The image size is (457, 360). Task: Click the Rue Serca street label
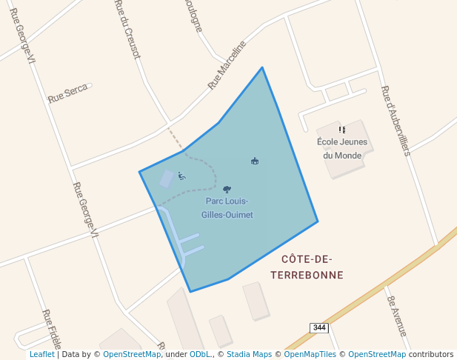pos(67,93)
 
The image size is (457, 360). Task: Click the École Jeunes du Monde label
pos(341,149)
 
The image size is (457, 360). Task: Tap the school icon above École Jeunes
pos(341,130)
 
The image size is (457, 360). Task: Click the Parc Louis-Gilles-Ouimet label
pos(227,208)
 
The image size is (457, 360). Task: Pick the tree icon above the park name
pos(227,190)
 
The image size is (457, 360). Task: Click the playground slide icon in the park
pos(181,176)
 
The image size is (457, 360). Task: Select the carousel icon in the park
pos(255,161)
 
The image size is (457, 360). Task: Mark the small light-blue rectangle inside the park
pos(167,179)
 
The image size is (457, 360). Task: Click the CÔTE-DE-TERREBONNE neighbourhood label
pos(307,267)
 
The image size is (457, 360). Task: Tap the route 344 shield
pos(319,327)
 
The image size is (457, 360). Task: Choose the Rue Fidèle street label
pos(49,327)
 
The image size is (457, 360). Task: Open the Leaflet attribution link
pos(41,354)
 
